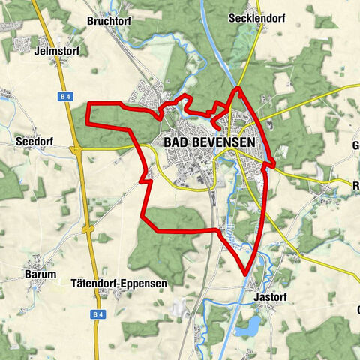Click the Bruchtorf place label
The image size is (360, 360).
click(x=109, y=22)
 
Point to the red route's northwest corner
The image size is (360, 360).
click(x=88, y=103)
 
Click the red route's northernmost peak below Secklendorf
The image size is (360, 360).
click(x=238, y=88)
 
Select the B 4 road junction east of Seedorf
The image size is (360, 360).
click(x=77, y=150)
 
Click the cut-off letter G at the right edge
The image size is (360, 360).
click(x=355, y=145)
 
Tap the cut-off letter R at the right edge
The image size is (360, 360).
click(x=356, y=182)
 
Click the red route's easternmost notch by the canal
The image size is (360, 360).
click(x=274, y=163)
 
